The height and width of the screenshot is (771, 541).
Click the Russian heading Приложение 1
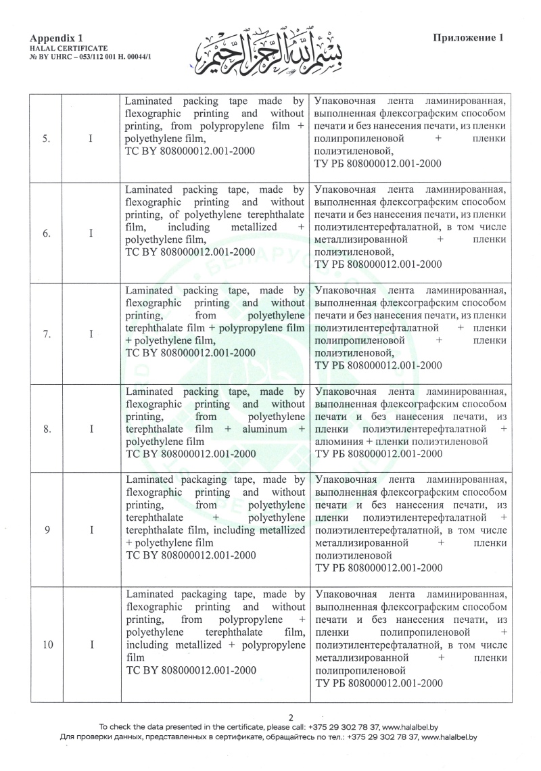pyautogui.click(x=469, y=39)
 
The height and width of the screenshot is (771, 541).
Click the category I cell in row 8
pyautogui.click(x=91, y=428)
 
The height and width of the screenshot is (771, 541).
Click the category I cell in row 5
pyautogui.click(x=91, y=139)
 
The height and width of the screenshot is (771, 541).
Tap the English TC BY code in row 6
pyautogui.click(x=191, y=252)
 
